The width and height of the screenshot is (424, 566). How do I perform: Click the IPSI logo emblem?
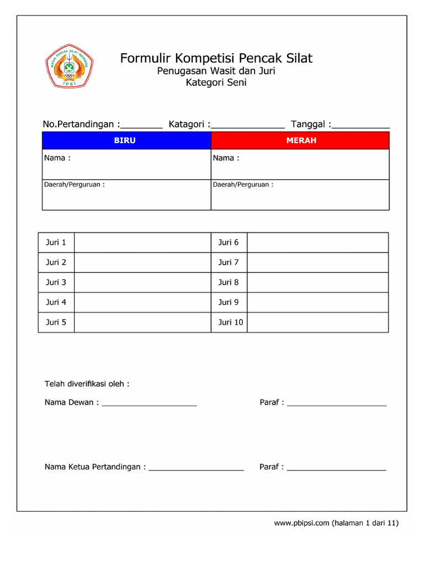click(x=69, y=66)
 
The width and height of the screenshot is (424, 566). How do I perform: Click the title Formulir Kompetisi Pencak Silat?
click(x=216, y=58)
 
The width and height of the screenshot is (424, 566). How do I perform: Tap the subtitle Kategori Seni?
click(x=216, y=83)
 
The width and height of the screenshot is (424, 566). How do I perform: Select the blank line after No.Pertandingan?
click(x=142, y=126)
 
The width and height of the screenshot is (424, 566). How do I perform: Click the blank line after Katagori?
click(x=248, y=126)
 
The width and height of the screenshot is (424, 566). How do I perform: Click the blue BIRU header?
click(x=125, y=140)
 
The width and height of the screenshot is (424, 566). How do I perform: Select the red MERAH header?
click(x=301, y=140)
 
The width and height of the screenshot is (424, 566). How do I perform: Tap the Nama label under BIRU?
click(x=57, y=158)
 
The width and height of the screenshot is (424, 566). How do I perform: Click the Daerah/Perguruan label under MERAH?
click(x=243, y=185)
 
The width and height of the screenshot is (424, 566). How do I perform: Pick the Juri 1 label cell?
click(x=56, y=243)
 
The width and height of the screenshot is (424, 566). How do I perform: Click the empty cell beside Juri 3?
click(x=142, y=282)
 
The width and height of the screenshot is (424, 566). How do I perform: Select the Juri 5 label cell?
click(x=56, y=322)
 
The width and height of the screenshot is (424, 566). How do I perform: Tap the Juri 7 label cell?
click(x=229, y=263)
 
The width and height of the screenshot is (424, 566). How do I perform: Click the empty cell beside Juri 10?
click(x=317, y=322)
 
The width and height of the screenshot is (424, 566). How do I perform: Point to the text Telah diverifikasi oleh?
click(x=87, y=384)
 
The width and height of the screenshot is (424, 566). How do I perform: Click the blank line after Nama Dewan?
click(x=149, y=405)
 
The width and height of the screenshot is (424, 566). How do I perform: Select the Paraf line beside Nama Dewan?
click(x=337, y=405)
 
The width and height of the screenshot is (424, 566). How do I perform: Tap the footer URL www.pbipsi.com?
click(x=301, y=523)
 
